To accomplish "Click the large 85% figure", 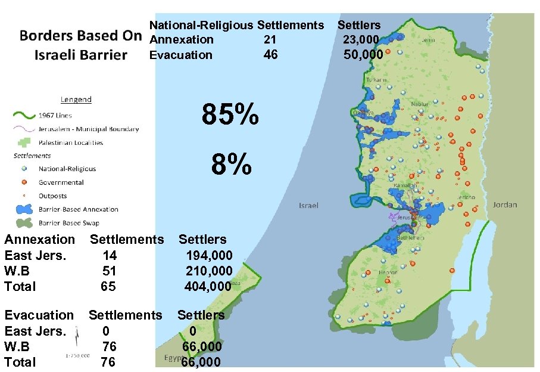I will pos(230,114).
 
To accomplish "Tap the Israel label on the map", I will pos(308,205).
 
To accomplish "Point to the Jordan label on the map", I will pos(505,204).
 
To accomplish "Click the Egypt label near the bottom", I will pos(173,358).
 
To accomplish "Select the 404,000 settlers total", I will pos(208,286).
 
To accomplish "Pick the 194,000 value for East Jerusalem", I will pos(209,255).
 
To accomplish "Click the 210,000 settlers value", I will pos(209,271).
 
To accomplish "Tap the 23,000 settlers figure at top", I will pos(361,39).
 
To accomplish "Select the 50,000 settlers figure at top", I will pos(363,55).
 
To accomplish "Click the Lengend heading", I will pos(76,100).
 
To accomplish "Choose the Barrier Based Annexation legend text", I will pos(79,209).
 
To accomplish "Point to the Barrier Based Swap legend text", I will pos(69,223).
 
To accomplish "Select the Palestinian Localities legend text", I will pos(71,142).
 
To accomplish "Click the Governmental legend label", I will pos(61,182).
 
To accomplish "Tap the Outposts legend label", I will pos(53,196).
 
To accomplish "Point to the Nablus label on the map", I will pos(419,104).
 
